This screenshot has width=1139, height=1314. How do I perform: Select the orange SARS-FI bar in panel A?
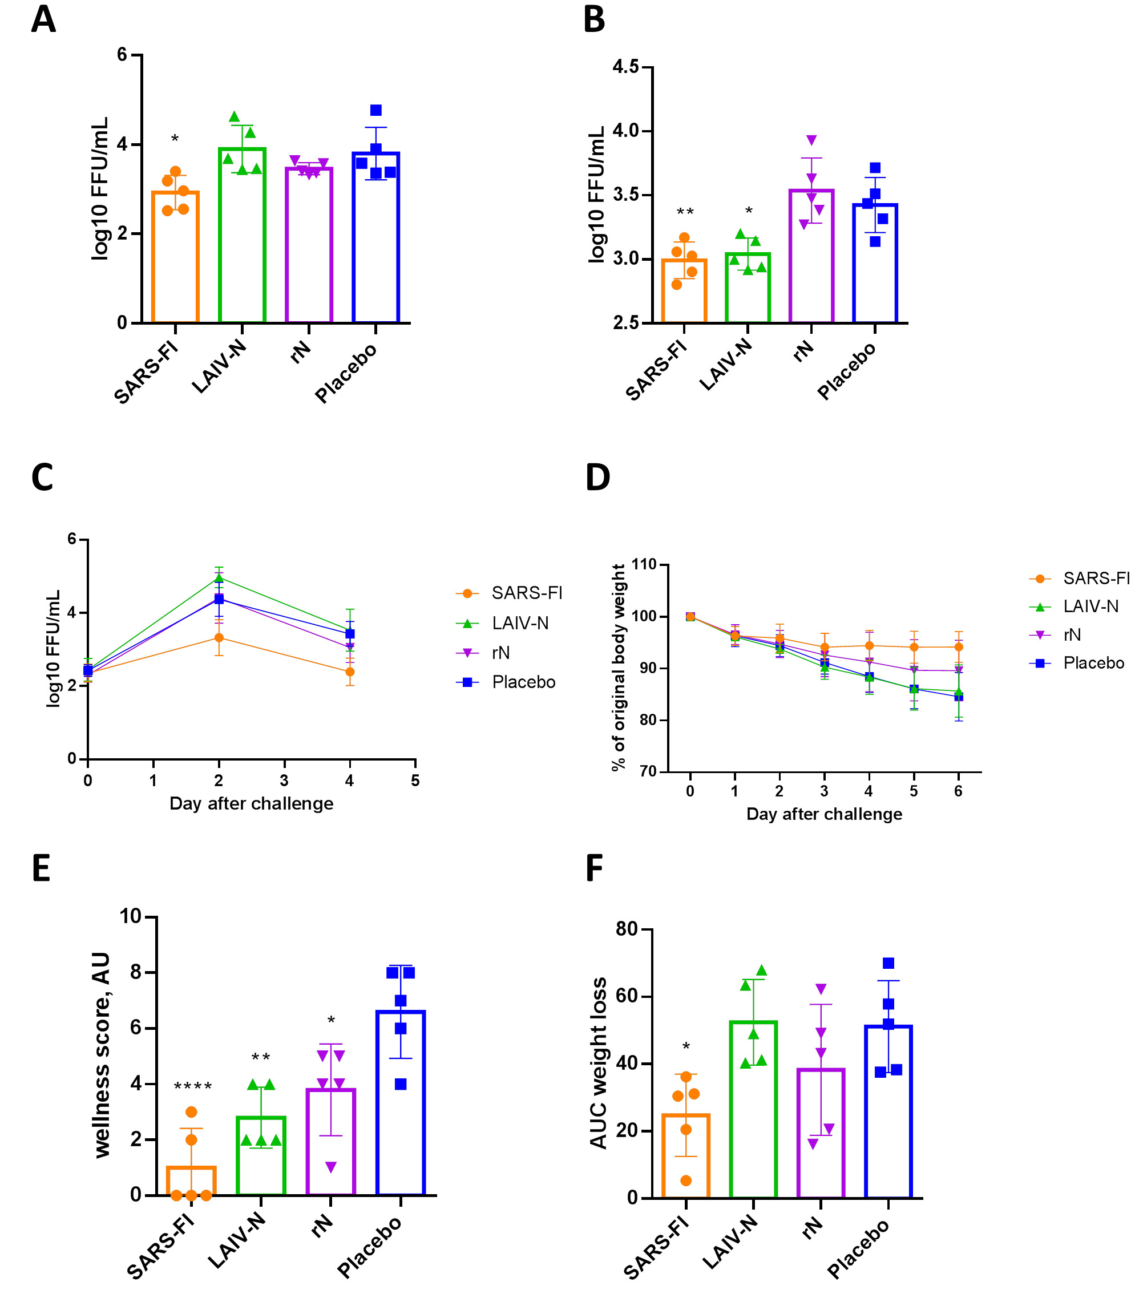[x=175, y=267]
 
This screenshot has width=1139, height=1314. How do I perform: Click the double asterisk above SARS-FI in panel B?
[x=685, y=212]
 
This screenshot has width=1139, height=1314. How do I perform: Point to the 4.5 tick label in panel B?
[x=625, y=67]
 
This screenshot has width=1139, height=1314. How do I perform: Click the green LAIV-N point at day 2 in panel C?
[x=219, y=578]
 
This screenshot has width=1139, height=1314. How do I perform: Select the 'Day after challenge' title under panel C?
[x=251, y=804]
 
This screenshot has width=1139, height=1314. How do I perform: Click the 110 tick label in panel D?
[x=644, y=564]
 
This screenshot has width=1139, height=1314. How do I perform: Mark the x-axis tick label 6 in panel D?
[x=958, y=791]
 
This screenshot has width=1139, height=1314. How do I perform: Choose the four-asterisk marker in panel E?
[x=192, y=1086]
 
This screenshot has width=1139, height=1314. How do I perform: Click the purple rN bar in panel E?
[x=330, y=1150]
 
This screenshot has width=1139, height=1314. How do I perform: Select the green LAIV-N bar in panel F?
[x=753, y=1118]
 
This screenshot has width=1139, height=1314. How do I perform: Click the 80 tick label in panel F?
[x=627, y=929]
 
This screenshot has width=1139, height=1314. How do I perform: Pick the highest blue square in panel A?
[x=375, y=111]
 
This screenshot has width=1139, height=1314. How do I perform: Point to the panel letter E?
[x=41, y=868]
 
